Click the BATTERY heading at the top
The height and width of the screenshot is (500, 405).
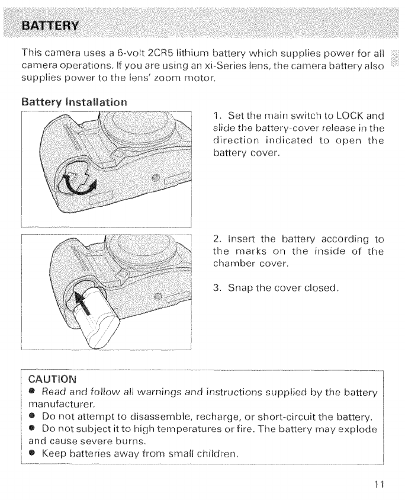click(x=52, y=26)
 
